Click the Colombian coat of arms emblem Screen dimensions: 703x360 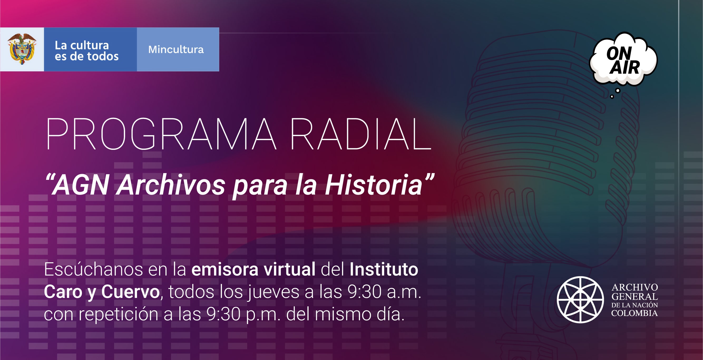point(22,49)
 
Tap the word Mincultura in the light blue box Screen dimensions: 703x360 point(176,50)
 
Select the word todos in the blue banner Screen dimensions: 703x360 point(102,56)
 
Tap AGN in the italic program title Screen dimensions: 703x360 point(81,185)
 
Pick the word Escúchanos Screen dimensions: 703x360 point(93,269)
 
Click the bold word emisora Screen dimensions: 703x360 point(225,269)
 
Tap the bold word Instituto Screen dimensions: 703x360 point(384,269)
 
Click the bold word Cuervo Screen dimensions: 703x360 point(130,292)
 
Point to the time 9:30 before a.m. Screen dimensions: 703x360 point(364,292)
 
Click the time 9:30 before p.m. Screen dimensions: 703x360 point(223,314)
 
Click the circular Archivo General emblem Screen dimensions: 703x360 point(580,299)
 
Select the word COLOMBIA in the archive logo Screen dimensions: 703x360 point(634,313)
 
